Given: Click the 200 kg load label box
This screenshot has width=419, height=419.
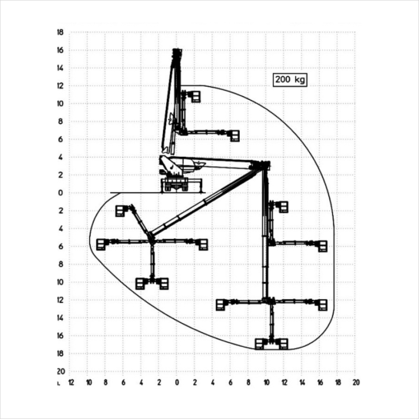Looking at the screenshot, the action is [290, 80].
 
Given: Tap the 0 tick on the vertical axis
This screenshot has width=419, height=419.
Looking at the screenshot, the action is [60, 193].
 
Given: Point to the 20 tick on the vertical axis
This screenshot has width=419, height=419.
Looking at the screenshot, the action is [61, 371].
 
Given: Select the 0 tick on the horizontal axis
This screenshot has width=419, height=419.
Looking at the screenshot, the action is [177, 383].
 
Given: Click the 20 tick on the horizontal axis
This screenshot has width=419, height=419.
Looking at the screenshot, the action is [356, 383].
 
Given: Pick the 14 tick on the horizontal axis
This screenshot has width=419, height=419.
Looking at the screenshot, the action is [302, 383].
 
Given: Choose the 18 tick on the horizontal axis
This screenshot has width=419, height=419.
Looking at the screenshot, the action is [338, 383].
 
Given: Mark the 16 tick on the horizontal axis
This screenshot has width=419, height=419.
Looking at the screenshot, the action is [320, 383].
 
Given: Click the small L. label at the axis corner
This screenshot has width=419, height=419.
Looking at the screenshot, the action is [58, 384].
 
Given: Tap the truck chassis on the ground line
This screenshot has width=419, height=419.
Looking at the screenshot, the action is [176, 185].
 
